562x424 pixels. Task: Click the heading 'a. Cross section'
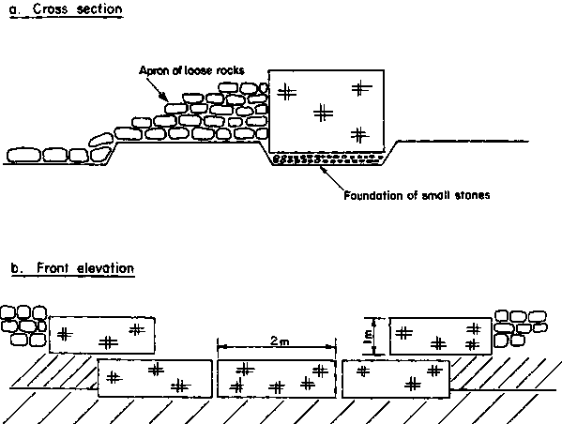[x=66, y=9]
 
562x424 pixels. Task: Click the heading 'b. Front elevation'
[x=73, y=268]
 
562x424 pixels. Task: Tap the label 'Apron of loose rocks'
[x=191, y=70]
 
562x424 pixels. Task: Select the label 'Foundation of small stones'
[x=417, y=195]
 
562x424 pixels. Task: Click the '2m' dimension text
[x=280, y=341]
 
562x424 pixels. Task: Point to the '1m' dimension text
[x=368, y=337]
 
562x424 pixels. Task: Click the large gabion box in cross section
[x=327, y=111]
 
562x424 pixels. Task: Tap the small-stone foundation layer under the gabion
[x=327, y=159]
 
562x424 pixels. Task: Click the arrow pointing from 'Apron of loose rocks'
[x=157, y=90]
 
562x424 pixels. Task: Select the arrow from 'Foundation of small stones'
[x=333, y=179]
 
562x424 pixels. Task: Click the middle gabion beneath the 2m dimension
[x=277, y=378]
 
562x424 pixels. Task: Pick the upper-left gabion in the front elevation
[x=102, y=335]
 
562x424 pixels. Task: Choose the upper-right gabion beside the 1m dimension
[x=440, y=336]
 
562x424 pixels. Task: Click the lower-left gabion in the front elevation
[x=155, y=378]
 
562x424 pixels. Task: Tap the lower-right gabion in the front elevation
[x=396, y=379]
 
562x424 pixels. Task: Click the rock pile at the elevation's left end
[x=23, y=326]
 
